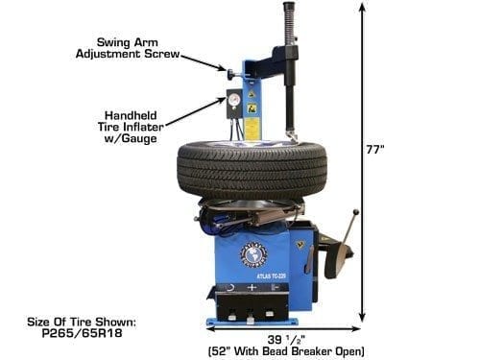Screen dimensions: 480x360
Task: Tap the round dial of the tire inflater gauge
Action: coord(232,96)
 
